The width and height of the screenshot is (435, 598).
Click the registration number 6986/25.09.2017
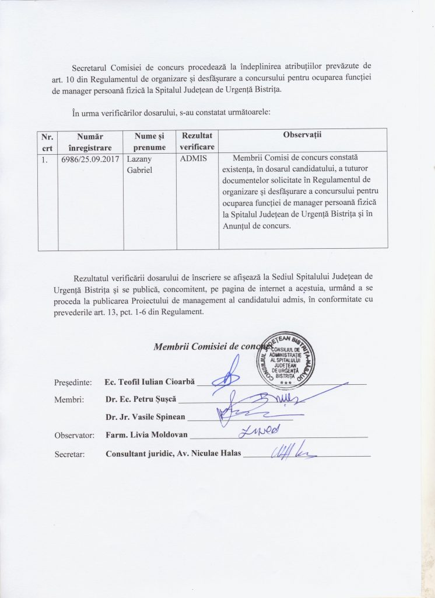pyautogui.click(x=89, y=159)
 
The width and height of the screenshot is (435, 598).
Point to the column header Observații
pyautogui.click(x=303, y=135)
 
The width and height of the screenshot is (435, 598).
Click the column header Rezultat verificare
pyautogui.click(x=197, y=141)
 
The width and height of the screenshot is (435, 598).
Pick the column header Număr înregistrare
pyautogui.click(x=90, y=141)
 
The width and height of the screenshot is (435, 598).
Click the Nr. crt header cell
pyautogui.click(x=47, y=141)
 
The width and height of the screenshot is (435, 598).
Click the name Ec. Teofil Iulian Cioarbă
pyautogui.click(x=149, y=381)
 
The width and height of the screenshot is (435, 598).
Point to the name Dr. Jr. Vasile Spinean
pyautogui.click(x=145, y=417)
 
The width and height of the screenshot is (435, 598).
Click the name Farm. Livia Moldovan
pyautogui.click(x=147, y=435)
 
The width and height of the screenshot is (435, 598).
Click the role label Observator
pyautogui.click(x=74, y=435)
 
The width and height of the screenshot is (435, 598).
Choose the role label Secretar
pyautogui.click(x=69, y=453)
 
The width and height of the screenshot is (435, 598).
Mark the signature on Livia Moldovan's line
pyautogui.click(x=259, y=430)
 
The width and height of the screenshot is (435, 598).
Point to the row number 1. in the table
pyautogui.click(x=44, y=159)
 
